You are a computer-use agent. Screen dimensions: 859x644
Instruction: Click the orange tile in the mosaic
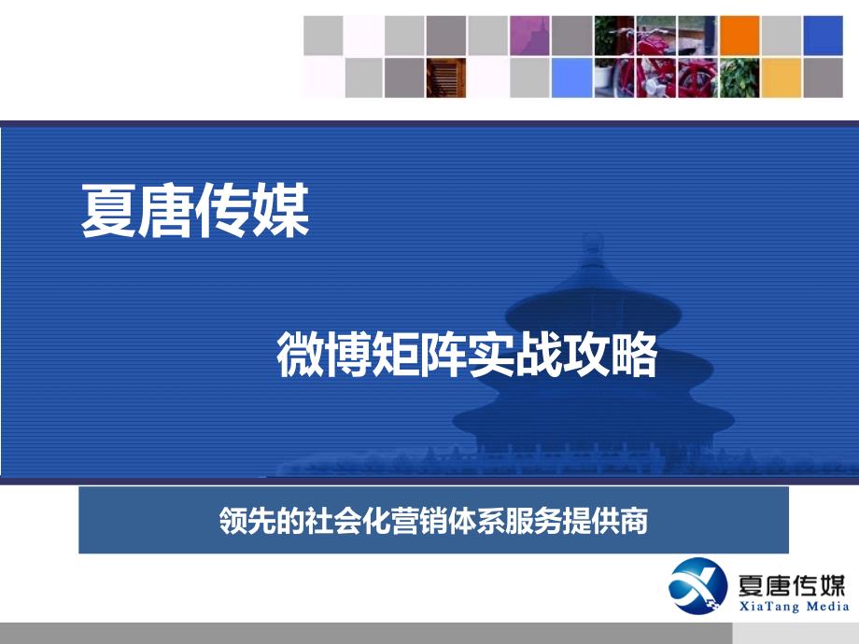739,35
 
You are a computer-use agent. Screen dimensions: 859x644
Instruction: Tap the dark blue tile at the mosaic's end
823,35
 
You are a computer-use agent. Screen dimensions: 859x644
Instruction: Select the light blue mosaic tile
571,77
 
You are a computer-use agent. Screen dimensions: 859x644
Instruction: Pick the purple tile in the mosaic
529,35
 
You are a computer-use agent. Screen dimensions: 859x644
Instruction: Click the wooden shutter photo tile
446,77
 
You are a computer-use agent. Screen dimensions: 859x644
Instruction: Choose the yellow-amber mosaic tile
782,77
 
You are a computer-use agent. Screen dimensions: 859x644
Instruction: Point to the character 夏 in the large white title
109,211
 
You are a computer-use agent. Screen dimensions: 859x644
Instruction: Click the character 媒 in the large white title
281,211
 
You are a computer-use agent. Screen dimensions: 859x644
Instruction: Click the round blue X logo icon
698,585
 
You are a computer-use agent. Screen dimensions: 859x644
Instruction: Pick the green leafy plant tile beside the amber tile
739,77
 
